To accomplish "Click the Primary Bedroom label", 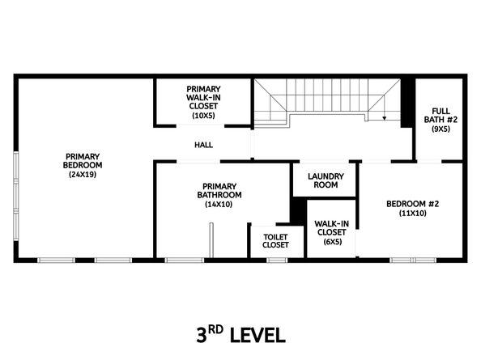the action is [83, 161].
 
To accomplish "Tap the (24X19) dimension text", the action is [83, 175].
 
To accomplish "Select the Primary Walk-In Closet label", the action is [203, 97].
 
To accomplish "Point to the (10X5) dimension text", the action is [203, 116].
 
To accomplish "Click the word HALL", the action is [204, 145].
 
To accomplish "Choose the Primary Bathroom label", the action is [219, 191].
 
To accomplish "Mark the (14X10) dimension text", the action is [219, 205].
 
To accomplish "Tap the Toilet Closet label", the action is [275, 241].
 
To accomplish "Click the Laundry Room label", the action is [326, 180].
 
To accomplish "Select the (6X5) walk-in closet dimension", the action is [333, 242].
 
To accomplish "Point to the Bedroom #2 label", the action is [413, 204].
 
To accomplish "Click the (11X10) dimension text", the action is [413, 214].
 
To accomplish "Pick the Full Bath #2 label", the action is [441, 115].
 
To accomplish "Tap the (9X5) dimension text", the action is [441, 129].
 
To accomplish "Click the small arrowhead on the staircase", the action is [384, 118].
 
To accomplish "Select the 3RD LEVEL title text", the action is [240, 335].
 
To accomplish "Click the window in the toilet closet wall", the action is [277, 260].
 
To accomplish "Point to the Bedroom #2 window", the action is [413, 260].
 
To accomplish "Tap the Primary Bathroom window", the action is [185, 260].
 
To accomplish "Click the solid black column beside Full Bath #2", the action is [407, 103].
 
